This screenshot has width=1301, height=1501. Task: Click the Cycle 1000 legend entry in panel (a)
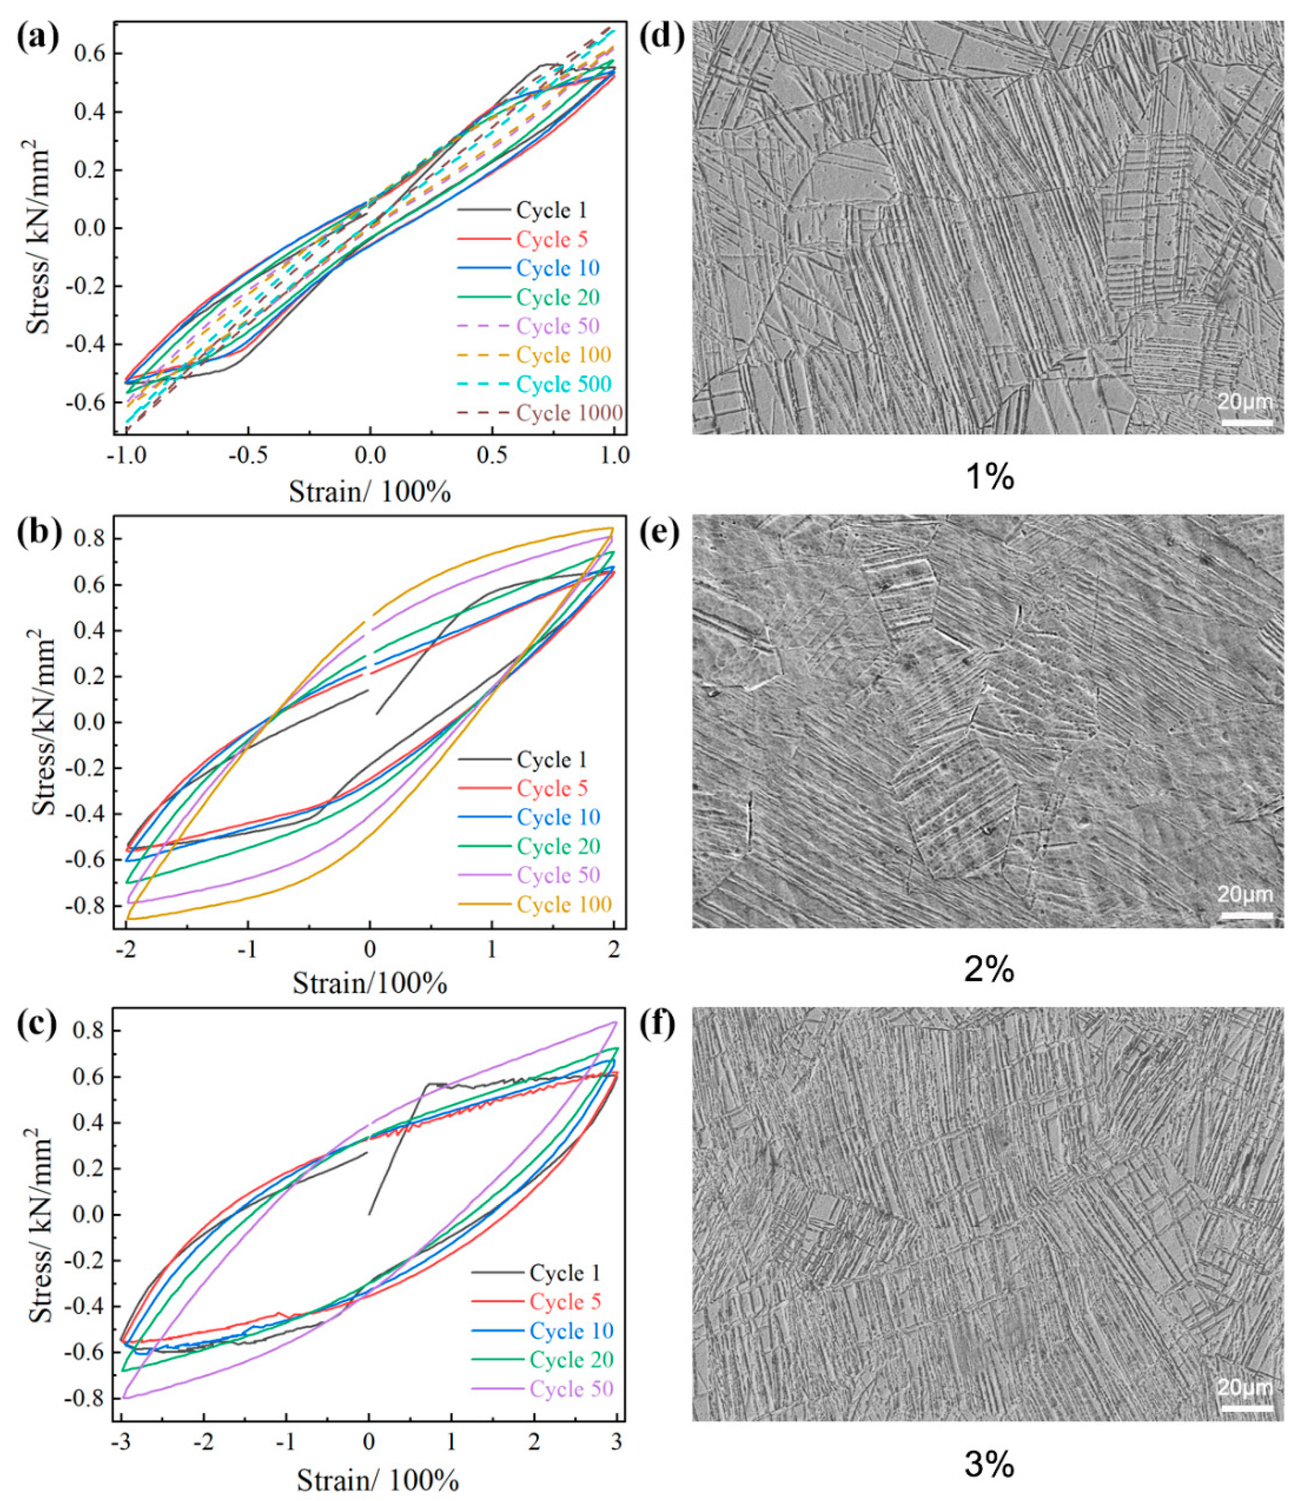[569, 413]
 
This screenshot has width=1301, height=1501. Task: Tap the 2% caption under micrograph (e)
[989, 970]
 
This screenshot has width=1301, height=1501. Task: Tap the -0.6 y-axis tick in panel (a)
[84, 402]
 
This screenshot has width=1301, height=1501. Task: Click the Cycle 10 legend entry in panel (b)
[558, 817]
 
